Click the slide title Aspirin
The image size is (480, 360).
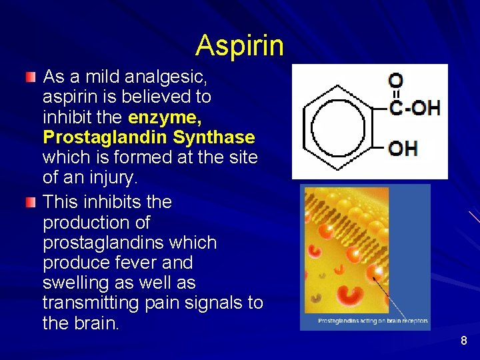point(239,45)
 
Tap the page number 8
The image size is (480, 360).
point(464,341)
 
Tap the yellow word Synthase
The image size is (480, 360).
point(214,138)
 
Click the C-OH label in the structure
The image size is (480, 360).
point(415,107)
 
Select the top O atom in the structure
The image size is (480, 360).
point(395,80)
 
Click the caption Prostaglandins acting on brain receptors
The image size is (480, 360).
point(373,321)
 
